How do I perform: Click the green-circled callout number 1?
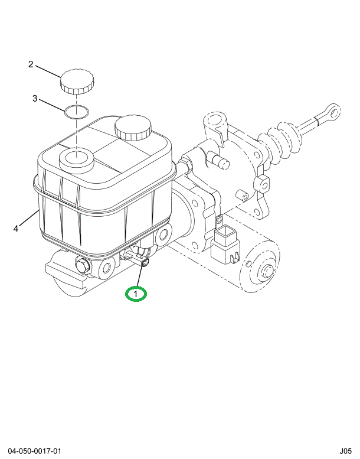tap(136, 294)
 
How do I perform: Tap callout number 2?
tap(31, 64)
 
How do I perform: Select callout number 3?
tap(35, 98)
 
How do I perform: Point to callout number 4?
tap(16, 229)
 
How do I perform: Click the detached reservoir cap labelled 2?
tap(77, 82)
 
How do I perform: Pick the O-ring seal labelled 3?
tap(77, 112)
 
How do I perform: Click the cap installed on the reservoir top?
tap(133, 128)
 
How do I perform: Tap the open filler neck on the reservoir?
tap(76, 160)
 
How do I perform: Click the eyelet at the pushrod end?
tap(333, 111)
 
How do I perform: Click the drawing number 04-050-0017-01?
tap(34, 451)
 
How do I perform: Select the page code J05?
tap(345, 451)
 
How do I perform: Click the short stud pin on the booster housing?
tap(220, 161)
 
